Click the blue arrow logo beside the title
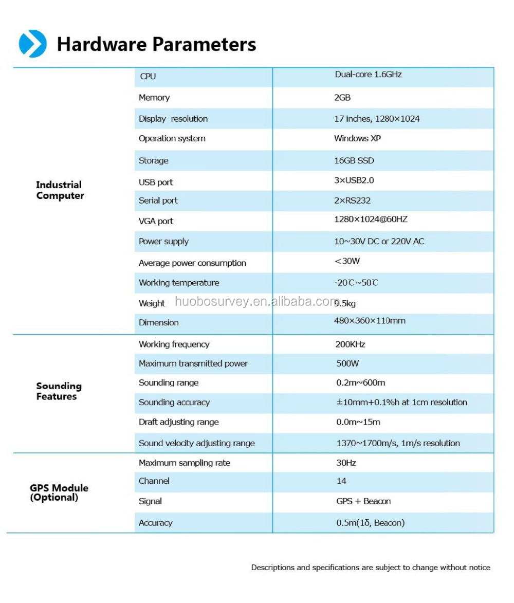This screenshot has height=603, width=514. pyautogui.click(x=32, y=44)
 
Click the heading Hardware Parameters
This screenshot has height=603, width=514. pyautogui.click(x=156, y=44)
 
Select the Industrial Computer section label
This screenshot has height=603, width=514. pyautogui.click(x=60, y=190)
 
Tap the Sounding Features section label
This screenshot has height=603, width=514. pyautogui.click(x=59, y=391)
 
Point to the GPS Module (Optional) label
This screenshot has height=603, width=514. pyautogui.click(x=59, y=492)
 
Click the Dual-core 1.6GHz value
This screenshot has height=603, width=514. pyautogui.click(x=368, y=75)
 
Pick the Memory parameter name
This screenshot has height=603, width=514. pyautogui.click(x=154, y=98)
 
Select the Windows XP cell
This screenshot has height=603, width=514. pyautogui.click(x=357, y=138)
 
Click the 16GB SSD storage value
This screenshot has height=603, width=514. pyautogui.click(x=354, y=160)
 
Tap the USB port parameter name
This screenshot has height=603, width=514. pyautogui.click(x=156, y=182)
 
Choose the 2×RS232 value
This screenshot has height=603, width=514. pyautogui.click(x=352, y=200)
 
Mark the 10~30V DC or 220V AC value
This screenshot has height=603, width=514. pyautogui.click(x=379, y=241)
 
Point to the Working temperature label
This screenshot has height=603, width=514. pyautogui.click(x=179, y=283)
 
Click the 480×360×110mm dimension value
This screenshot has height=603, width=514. pyautogui.click(x=370, y=321)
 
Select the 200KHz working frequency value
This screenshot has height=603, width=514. pyautogui.click(x=350, y=344)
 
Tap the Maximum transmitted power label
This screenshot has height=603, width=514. pyautogui.click(x=193, y=363)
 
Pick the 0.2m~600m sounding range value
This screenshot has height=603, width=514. pyautogui.click(x=360, y=383)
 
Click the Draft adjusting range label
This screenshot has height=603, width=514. pyautogui.click(x=178, y=422)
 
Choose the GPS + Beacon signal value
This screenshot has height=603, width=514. pyautogui.click(x=363, y=501)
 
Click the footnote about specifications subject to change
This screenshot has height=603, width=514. pyautogui.click(x=370, y=568)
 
